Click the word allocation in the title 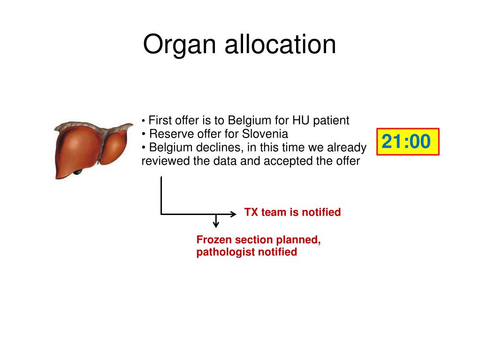point(280,45)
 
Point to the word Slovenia point(265,134)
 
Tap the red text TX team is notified point(292,213)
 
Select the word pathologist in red point(223,252)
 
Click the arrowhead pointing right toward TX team point(233,214)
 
